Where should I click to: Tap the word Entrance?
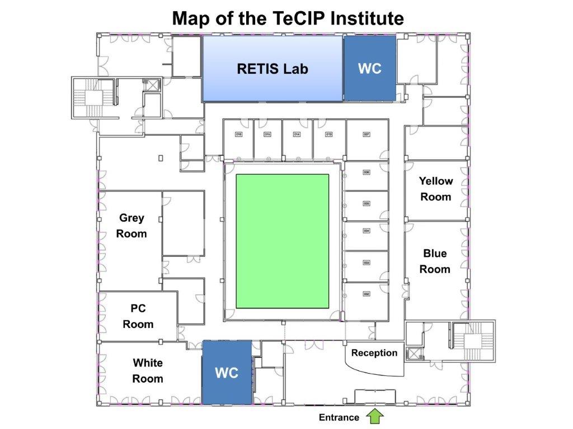[x=339, y=417]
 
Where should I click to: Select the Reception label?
[x=374, y=353]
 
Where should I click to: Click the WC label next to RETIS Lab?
[x=369, y=69]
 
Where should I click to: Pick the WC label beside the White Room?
[x=227, y=373]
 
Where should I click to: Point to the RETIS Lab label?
[x=273, y=69]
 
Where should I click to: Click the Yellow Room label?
[x=435, y=189]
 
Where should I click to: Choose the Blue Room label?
[x=435, y=261]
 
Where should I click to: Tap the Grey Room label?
[x=131, y=226]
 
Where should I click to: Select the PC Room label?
[x=138, y=316]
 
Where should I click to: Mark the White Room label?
[x=148, y=371]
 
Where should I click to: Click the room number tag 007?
[x=367, y=135]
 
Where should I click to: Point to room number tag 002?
[x=367, y=294]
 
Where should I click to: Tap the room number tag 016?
[x=238, y=135]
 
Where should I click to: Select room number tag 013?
[x=329, y=135]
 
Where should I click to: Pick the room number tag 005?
[x=367, y=203]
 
